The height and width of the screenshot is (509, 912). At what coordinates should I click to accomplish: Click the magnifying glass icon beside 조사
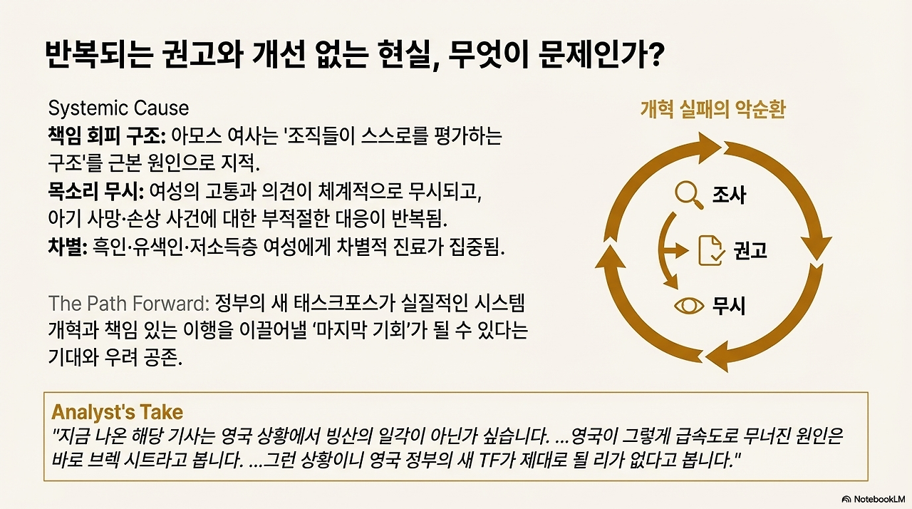click(x=687, y=194)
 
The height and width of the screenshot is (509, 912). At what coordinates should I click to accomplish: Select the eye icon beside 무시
click(x=688, y=305)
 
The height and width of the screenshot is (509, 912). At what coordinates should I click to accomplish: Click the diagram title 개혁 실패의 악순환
click(x=712, y=110)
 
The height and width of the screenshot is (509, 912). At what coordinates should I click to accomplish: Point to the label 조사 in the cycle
click(x=729, y=194)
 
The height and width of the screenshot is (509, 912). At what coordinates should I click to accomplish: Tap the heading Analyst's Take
click(x=117, y=412)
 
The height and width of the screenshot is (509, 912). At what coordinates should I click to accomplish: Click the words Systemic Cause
click(x=118, y=108)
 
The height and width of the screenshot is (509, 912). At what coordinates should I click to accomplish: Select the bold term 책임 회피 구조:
click(x=106, y=135)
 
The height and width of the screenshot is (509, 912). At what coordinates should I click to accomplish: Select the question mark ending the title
click(x=655, y=56)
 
